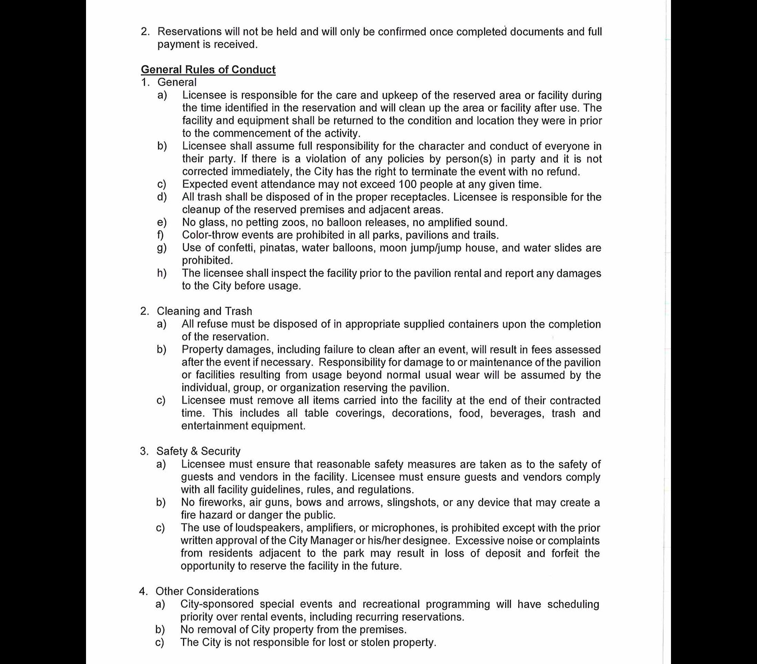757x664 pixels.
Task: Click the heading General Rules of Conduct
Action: [x=208, y=70]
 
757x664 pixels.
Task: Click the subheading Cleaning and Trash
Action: [x=204, y=311]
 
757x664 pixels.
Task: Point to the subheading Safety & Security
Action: [x=199, y=451]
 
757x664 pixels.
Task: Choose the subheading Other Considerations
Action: [x=207, y=591]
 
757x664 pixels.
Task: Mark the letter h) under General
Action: [x=162, y=273]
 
